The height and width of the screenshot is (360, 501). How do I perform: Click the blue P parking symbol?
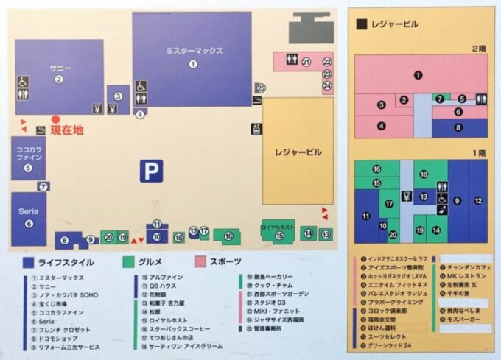pos(151,172)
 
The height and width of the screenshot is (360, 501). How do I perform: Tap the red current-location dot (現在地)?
pos(55,119)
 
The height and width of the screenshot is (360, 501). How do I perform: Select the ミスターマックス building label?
pos(193,51)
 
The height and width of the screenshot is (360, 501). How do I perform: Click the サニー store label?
pos(60,68)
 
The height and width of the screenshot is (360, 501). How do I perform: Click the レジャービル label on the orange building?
pos(298,152)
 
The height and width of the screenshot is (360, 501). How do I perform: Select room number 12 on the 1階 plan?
pos(477,200)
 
